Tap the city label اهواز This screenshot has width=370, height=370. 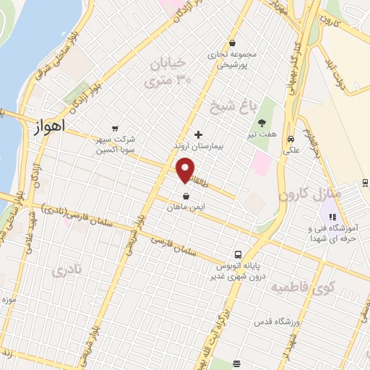click(50, 126)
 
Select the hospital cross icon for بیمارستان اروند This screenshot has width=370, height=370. click(199, 134)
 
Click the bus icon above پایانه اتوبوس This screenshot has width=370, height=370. click(237, 254)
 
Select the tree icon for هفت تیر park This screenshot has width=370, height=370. click(262, 122)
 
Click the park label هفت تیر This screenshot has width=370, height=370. click(262, 134)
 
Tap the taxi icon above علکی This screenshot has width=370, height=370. click(291, 139)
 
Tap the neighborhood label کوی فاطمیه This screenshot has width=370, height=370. click(295, 288)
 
